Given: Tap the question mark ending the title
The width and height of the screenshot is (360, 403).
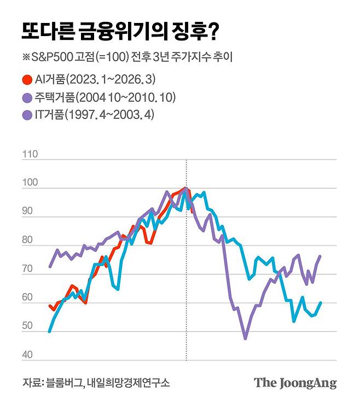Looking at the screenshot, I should click(x=213, y=31).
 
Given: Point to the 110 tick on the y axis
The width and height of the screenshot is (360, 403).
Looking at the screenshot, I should click(x=30, y=155).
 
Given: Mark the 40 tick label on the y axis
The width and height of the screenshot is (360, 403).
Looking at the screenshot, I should click(x=27, y=356).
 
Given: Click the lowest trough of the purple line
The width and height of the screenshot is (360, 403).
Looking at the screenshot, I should click(x=245, y=338).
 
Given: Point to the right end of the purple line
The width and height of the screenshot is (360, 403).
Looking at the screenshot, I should click(x=320, y=256).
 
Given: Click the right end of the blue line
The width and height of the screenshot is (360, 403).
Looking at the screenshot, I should click(x=321, y=302).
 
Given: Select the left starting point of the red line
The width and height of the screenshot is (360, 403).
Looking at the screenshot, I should click(x=49, y=306).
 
